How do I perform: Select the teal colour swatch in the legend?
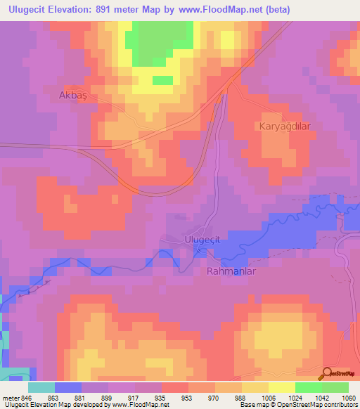41,387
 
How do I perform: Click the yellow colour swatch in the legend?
281,387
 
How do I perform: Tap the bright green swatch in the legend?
309,387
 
